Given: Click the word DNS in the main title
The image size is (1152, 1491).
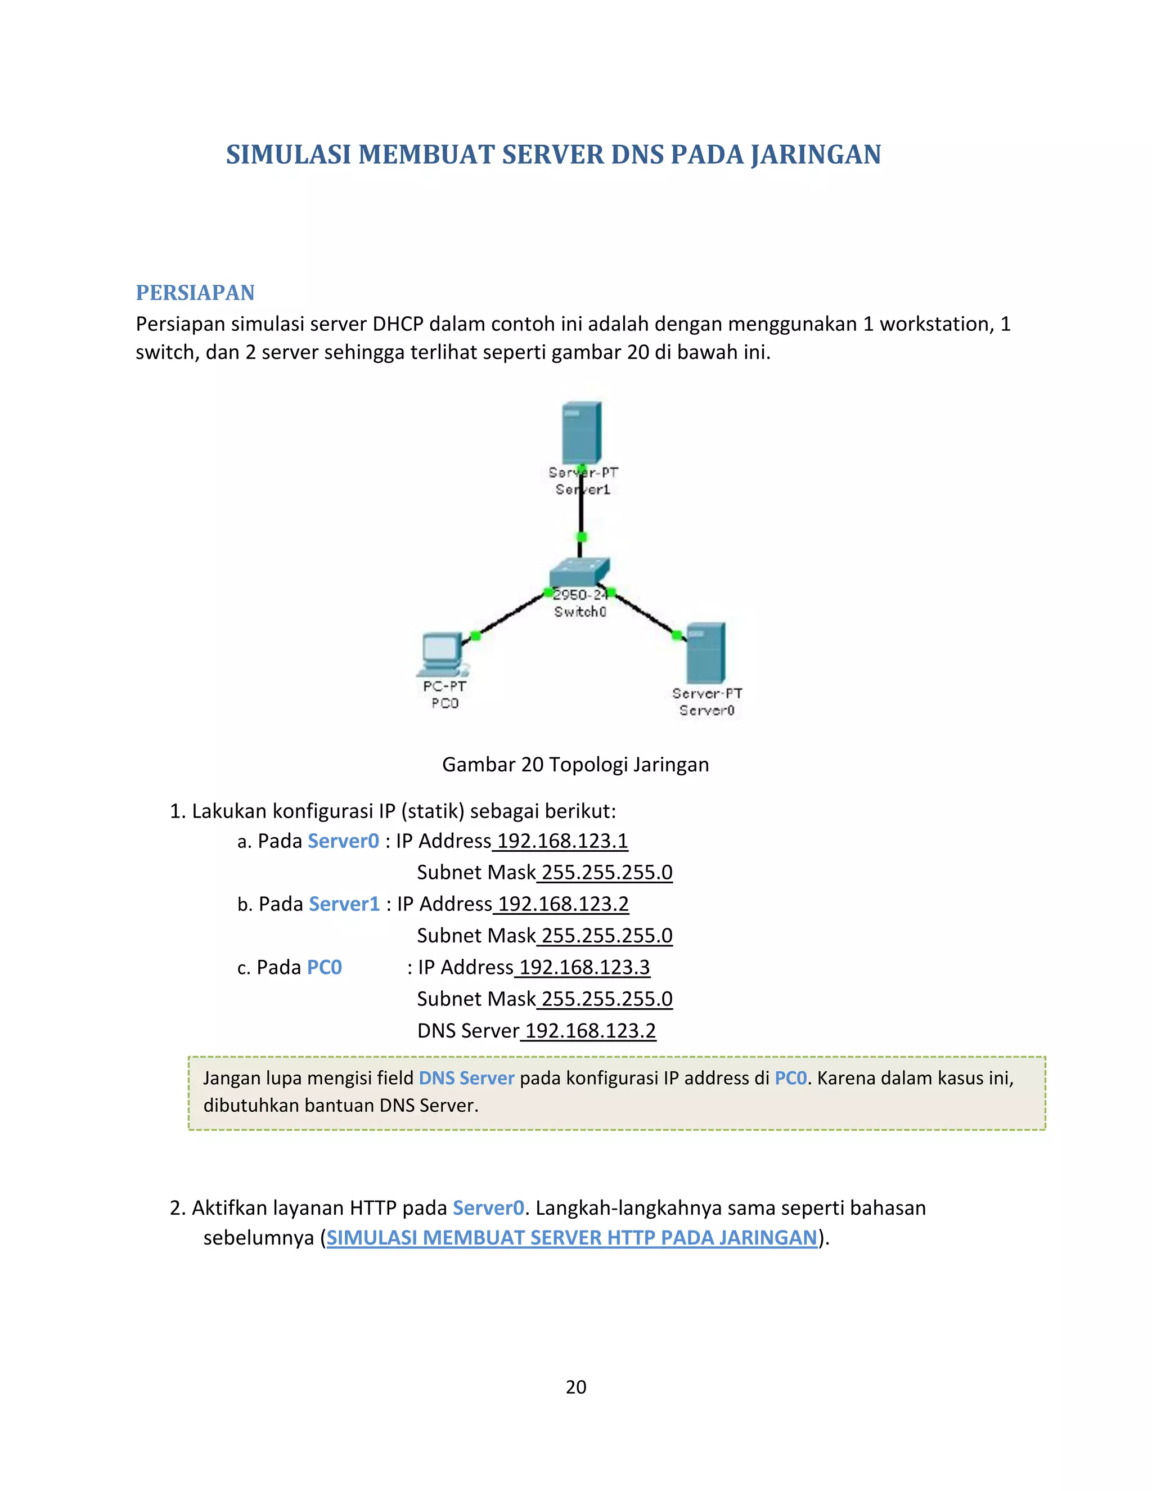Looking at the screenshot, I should [x=637, y=155].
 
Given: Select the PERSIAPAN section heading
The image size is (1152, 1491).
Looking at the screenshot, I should [x=195, y=293].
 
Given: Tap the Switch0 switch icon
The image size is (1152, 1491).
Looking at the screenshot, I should [x=579, y=572].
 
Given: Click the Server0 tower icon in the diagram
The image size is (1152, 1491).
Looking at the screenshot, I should [x=706, y=653].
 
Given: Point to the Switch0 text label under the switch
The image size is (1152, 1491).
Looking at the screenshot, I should [x=580, y=612].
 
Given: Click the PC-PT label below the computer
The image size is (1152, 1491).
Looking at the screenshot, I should [x=444, y=686].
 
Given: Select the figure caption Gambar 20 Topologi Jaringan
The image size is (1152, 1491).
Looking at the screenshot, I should [x=575, y=765].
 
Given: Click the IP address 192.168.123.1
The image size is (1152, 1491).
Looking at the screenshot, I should [x=562, y=841].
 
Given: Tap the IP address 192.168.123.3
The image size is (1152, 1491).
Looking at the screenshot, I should [x=584, y=967].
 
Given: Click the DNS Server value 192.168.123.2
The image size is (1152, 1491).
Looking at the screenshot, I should [x=590, y=1031].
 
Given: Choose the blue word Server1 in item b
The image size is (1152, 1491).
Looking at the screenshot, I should [x=344, y=904].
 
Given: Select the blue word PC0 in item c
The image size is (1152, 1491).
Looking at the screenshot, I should [x=324, y=967].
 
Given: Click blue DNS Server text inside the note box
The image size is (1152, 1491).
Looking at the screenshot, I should [x=466, y=1078].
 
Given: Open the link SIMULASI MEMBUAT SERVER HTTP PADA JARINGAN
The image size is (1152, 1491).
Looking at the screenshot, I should [x=572, y=1238].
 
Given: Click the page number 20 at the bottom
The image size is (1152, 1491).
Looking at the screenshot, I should [x=576, y=1387].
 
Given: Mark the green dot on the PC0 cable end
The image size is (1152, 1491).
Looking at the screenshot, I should [x=476, y=636].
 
